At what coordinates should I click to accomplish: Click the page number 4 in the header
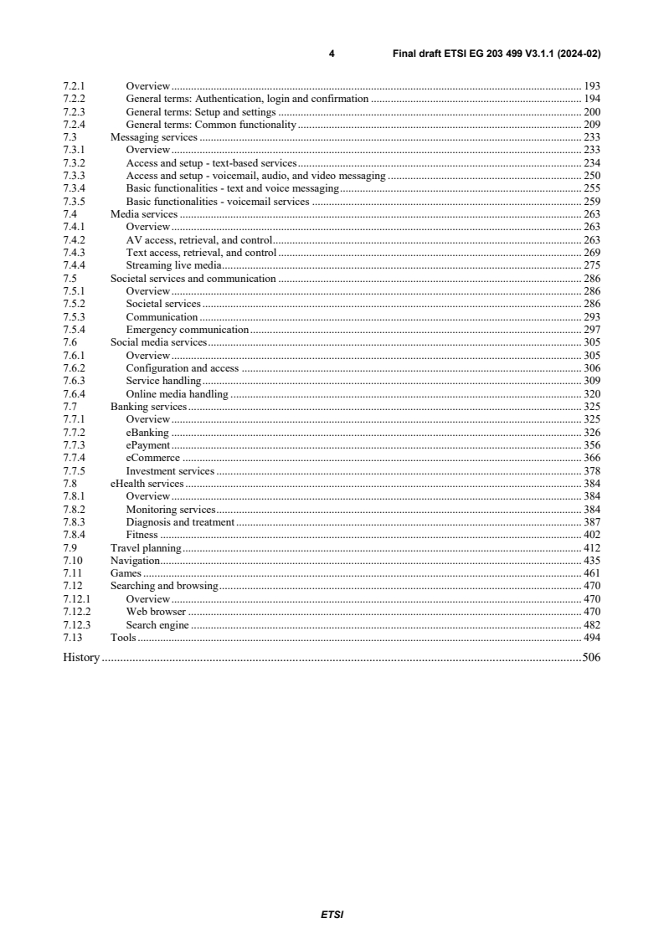coord(332,54)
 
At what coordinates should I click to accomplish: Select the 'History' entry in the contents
coord(81,658)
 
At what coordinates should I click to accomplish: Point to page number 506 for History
coord(591,658)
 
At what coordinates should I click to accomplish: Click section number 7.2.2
coord(75,99)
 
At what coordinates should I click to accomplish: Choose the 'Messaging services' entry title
coord(154,137)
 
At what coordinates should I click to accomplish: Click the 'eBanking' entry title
coord(147,433)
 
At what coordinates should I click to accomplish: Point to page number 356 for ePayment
coord(591,445)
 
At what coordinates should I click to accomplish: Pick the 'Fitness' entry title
coord(142,535)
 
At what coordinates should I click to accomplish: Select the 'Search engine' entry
coord(157,625)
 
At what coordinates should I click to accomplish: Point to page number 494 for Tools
coord(591,638)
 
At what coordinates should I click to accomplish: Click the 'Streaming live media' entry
coord(173,265)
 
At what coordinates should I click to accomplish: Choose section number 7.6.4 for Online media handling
coord(75,393)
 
